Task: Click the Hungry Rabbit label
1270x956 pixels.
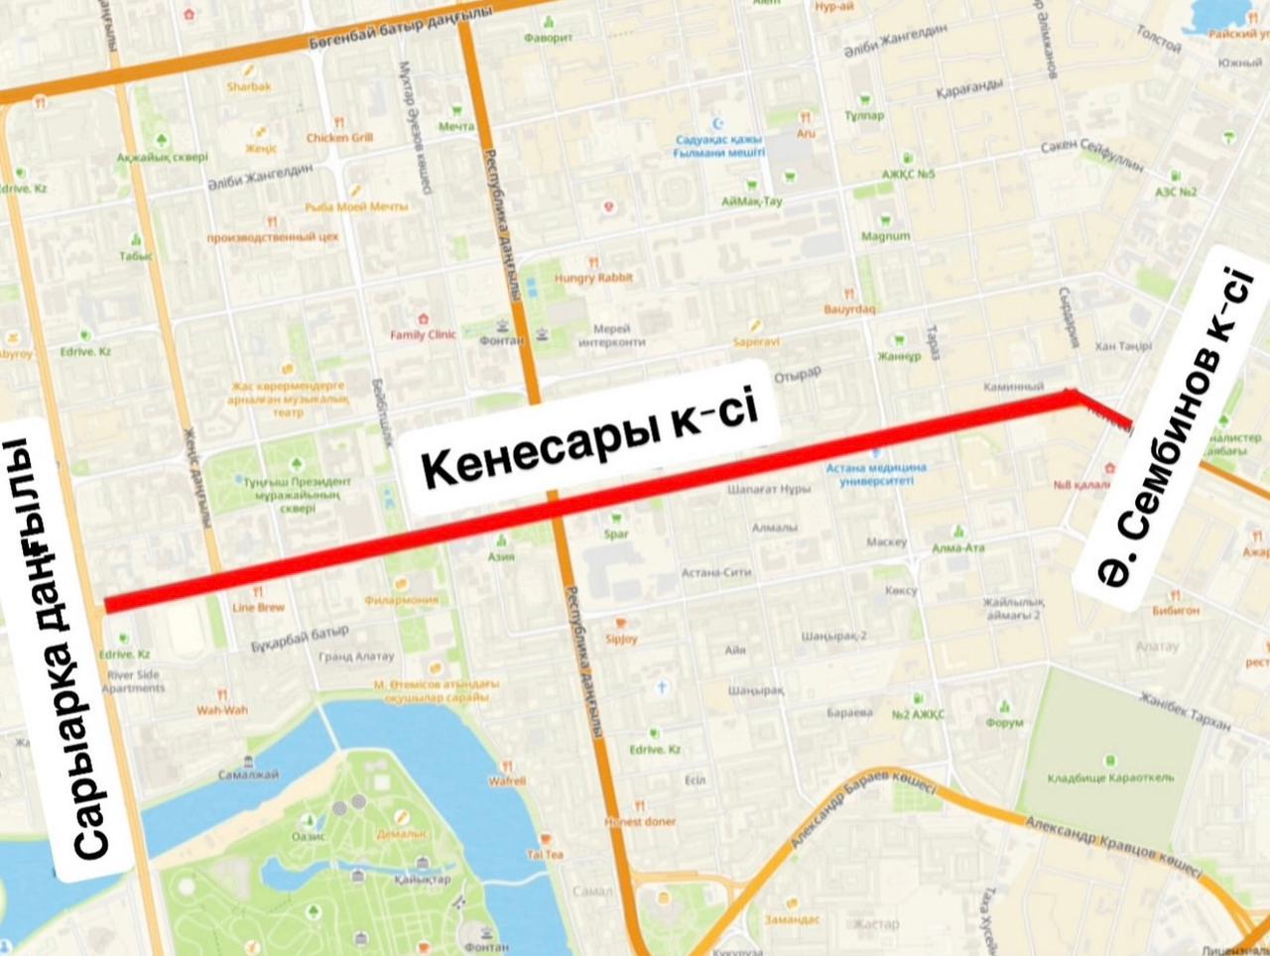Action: [x=593, y=278]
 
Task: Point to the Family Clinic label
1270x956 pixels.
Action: [x=423, y=335]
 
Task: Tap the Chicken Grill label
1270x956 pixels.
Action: [x=339, y=138]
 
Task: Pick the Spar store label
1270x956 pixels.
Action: [x=616, y=535]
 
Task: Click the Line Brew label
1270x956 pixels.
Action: [x=258, y=607]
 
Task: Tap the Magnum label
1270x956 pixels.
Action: [x=885, y=236]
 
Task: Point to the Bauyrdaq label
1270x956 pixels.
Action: [x=849, y=309]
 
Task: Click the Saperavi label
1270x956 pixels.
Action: [x=756, y=342]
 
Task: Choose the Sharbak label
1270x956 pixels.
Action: [x=248, y=87]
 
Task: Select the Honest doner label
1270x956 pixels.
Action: [x=640, y=822]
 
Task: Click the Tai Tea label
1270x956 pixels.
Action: [x=545, y=854]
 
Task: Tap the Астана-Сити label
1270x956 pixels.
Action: [x=716, y=573]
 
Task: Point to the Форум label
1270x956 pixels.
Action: [x=1004, y=723]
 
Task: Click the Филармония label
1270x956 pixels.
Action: [x=401, y=600]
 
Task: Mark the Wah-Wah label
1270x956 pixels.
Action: [x=222, y=710]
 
